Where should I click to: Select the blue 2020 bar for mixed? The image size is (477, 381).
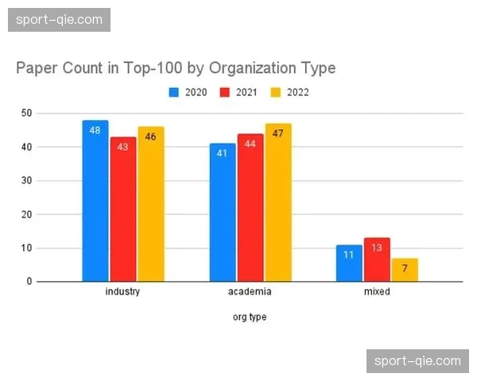[349, 264]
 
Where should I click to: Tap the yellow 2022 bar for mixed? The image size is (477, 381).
[405, 270]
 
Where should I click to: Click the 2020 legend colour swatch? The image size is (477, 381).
[173, 92]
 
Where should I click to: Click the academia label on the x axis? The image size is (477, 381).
[250, 291]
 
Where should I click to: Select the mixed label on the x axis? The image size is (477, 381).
[377, 291]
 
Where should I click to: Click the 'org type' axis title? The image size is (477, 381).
[250, 317]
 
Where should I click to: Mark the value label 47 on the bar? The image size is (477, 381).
[277, 133]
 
